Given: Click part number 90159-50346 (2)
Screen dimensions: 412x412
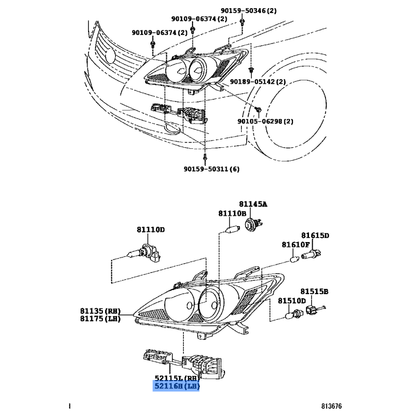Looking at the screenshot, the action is pos(248,11).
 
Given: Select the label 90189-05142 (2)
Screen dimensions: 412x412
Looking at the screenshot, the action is pos(258,81).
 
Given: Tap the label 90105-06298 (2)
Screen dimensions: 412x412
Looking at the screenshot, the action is pos(265,122).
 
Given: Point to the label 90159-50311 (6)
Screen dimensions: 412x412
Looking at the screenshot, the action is pos(212,169).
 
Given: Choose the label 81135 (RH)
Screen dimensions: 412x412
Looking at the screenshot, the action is pos(100,311).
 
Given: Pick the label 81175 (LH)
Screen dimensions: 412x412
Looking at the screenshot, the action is pos(100,319).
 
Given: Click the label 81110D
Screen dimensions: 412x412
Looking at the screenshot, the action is pos(150,230).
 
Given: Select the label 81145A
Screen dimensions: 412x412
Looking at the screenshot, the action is pos(253,204).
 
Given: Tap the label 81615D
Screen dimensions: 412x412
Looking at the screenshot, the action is pos(315,235).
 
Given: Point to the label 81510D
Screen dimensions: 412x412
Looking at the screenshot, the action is pos(292,301).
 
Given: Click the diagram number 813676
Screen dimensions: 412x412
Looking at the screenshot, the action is pos(331,406).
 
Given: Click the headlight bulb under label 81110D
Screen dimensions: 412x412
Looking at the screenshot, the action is pos(144,253).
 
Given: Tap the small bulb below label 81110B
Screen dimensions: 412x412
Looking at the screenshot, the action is pos(233,229).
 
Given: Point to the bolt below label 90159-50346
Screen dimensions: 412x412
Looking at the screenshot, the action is pos(242,22).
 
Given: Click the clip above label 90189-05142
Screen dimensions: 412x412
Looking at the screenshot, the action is pos(251,70).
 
